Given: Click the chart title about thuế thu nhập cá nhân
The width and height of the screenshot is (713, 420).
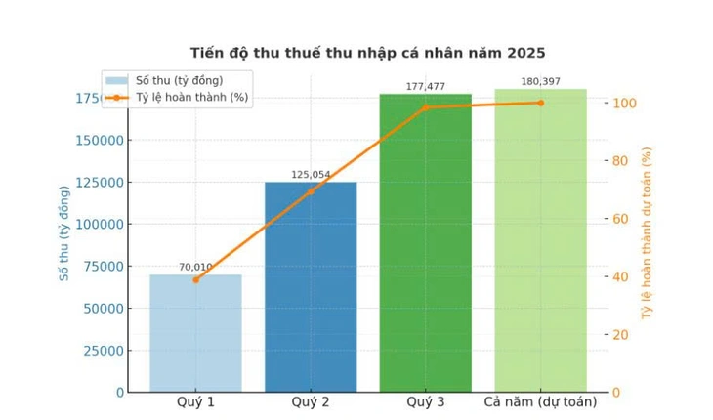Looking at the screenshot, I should click(x=367, y=53).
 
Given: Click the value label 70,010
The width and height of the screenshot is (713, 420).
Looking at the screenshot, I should click(x=195, y=267).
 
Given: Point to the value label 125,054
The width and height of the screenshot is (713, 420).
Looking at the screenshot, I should click(x=311, y=175).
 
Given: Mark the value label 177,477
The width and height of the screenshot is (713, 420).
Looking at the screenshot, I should click(x=425, y=87).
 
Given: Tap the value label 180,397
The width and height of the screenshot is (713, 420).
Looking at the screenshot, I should click(x=540, y=81).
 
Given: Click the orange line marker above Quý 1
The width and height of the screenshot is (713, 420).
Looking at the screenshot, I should click(x=195, y=280).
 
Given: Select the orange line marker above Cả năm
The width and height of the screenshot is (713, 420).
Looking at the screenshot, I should click(x=540, y=103).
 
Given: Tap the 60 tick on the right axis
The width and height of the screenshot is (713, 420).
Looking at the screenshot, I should click(x=621, y=219).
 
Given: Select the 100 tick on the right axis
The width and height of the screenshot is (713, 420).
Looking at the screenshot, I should click(x=625, y=104).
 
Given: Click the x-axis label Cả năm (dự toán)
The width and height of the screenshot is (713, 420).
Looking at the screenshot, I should click(x=540, y=402).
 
